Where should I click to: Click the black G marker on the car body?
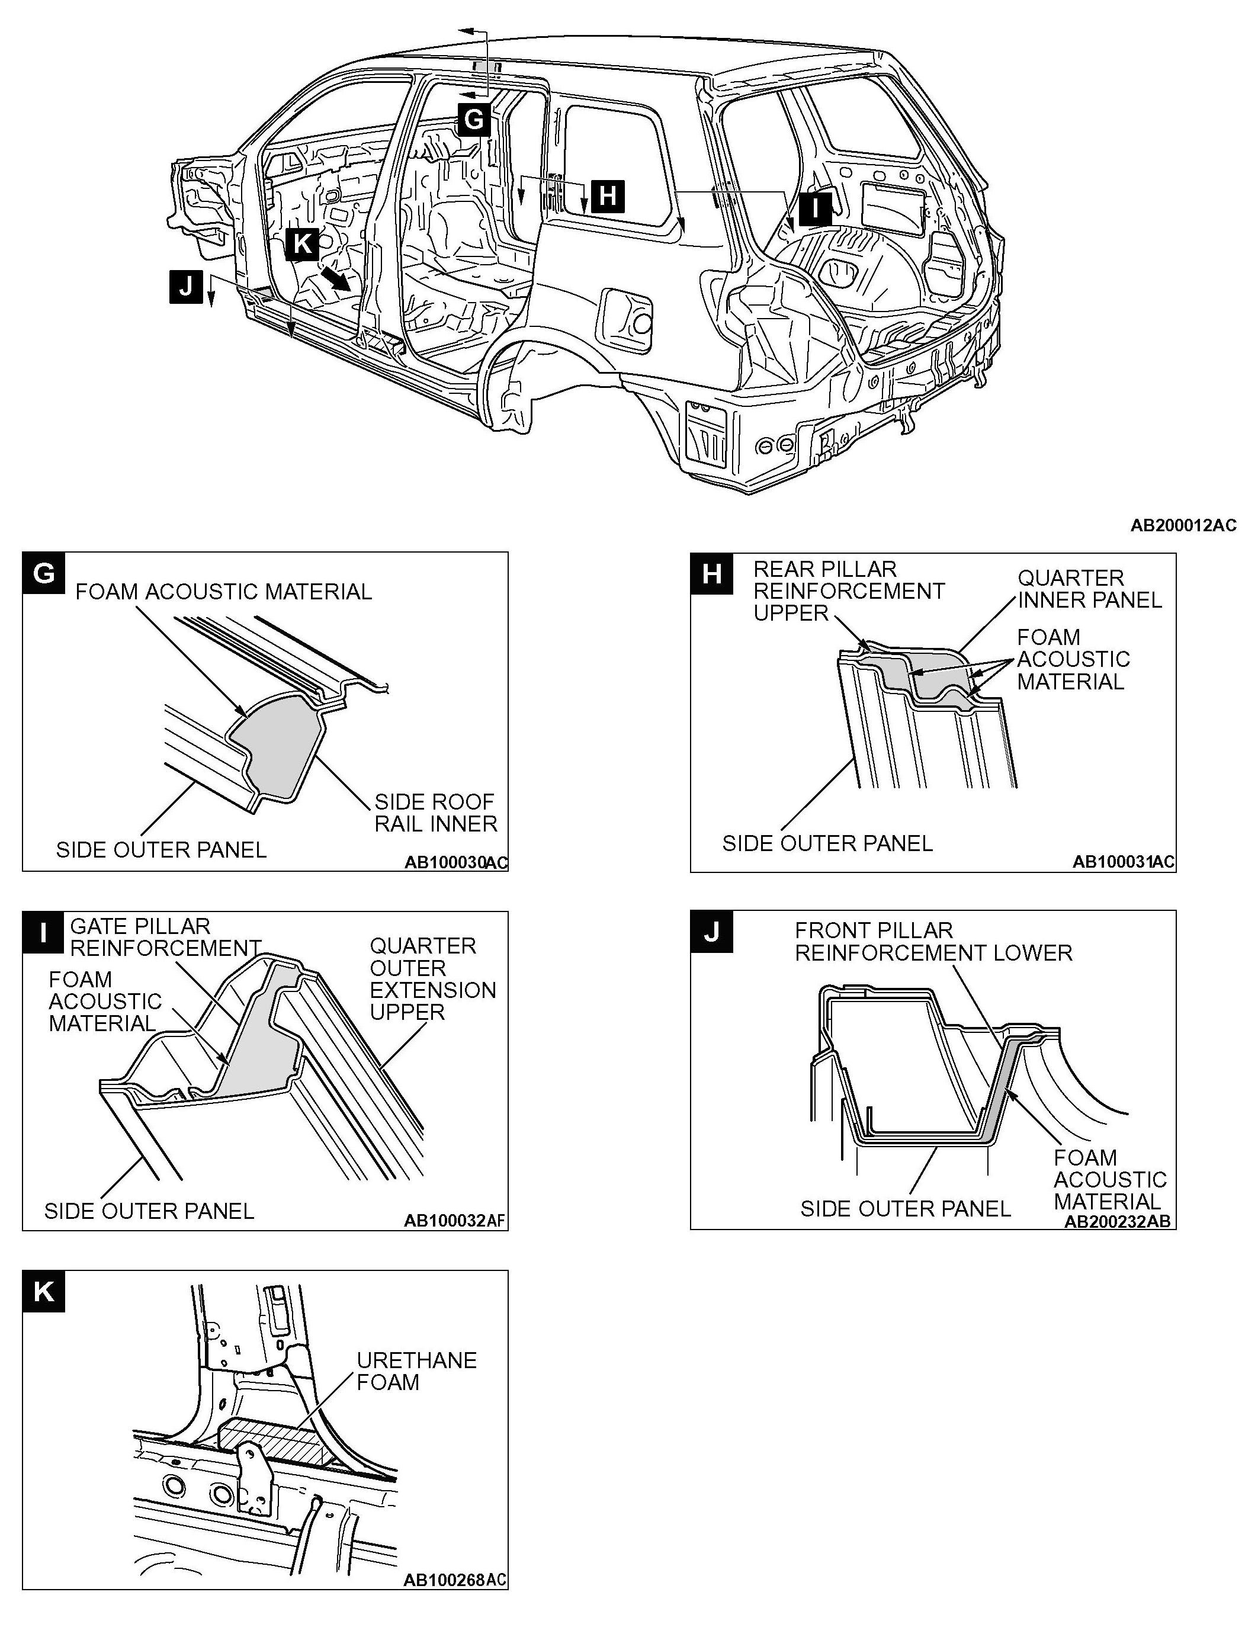click(x=474, y=118)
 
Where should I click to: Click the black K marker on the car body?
click(x=303, y=244)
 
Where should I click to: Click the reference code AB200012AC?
click(x=1183, y=526)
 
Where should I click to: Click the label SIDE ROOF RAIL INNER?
click(x=436, y=813)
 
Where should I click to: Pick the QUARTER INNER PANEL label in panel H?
click(x=1089, y=589)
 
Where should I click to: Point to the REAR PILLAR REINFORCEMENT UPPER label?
click(x=848, y=591)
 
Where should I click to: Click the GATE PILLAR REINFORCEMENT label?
click(x=165, y=937)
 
